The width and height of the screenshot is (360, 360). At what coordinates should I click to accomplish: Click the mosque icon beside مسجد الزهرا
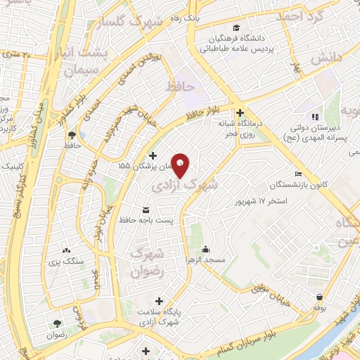click(x=205, y=249)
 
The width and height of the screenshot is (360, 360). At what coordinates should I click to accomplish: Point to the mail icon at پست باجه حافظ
click(x=146, y=210)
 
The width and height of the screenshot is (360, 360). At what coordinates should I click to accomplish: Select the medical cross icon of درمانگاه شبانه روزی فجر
click(x=240, y=112)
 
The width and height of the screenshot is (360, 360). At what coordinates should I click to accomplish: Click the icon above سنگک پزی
click(x=66, y=250)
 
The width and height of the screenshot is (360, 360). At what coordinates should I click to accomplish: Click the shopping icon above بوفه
click(x=320, y=297)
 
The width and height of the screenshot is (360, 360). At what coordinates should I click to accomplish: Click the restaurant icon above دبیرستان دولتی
click(x=316, y=116)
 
